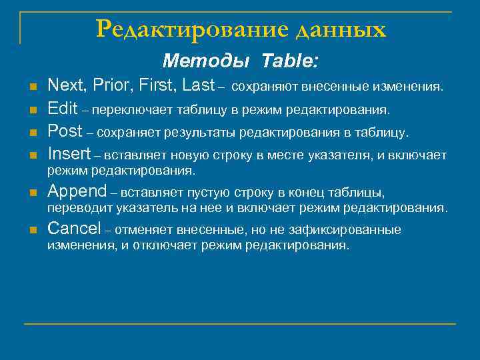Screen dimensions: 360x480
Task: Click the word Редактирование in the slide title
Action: pos(191,29)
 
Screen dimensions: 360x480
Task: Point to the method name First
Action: pos(154,85)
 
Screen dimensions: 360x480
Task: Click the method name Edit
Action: pos(63,109)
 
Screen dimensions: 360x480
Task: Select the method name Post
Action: pos(65,131)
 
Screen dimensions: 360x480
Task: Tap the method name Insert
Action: pos(69,154)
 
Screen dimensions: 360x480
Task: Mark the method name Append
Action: pos(77,192)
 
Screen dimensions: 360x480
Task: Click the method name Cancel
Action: pos(74,229)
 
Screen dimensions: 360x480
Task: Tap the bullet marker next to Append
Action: pos(32,193)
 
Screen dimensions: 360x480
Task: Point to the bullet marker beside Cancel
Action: pos(32,231)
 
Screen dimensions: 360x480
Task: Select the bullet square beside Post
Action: pos(32,133)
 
